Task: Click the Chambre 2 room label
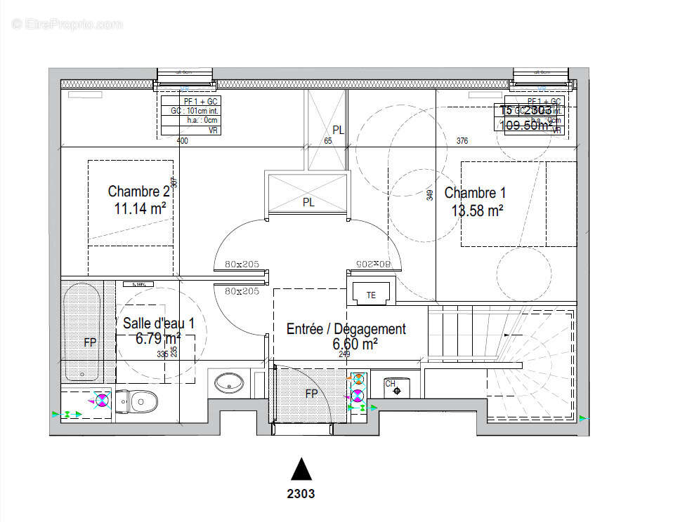[x=138, y=191]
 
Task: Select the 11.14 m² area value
[x=140, y=208]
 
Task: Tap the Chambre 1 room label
[x=475, y=193]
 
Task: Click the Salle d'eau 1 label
[x=158, y=323]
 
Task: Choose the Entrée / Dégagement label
[x=346, y=328]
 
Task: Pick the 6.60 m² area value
[x=355, y=344]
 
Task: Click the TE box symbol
[x=371, y=295]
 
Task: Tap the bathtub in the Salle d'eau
[x=81, y=330]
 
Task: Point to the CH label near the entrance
[x=391, y=384]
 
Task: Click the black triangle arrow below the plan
[x=301, y=469]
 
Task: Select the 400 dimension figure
[x=183, y=141]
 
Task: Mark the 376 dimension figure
[x=462, y=141]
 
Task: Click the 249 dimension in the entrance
[x=344, y=354]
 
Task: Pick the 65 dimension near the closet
[x=328, y=141]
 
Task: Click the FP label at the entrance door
[x=311, y=394]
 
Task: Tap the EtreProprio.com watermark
[x=67, y=24]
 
